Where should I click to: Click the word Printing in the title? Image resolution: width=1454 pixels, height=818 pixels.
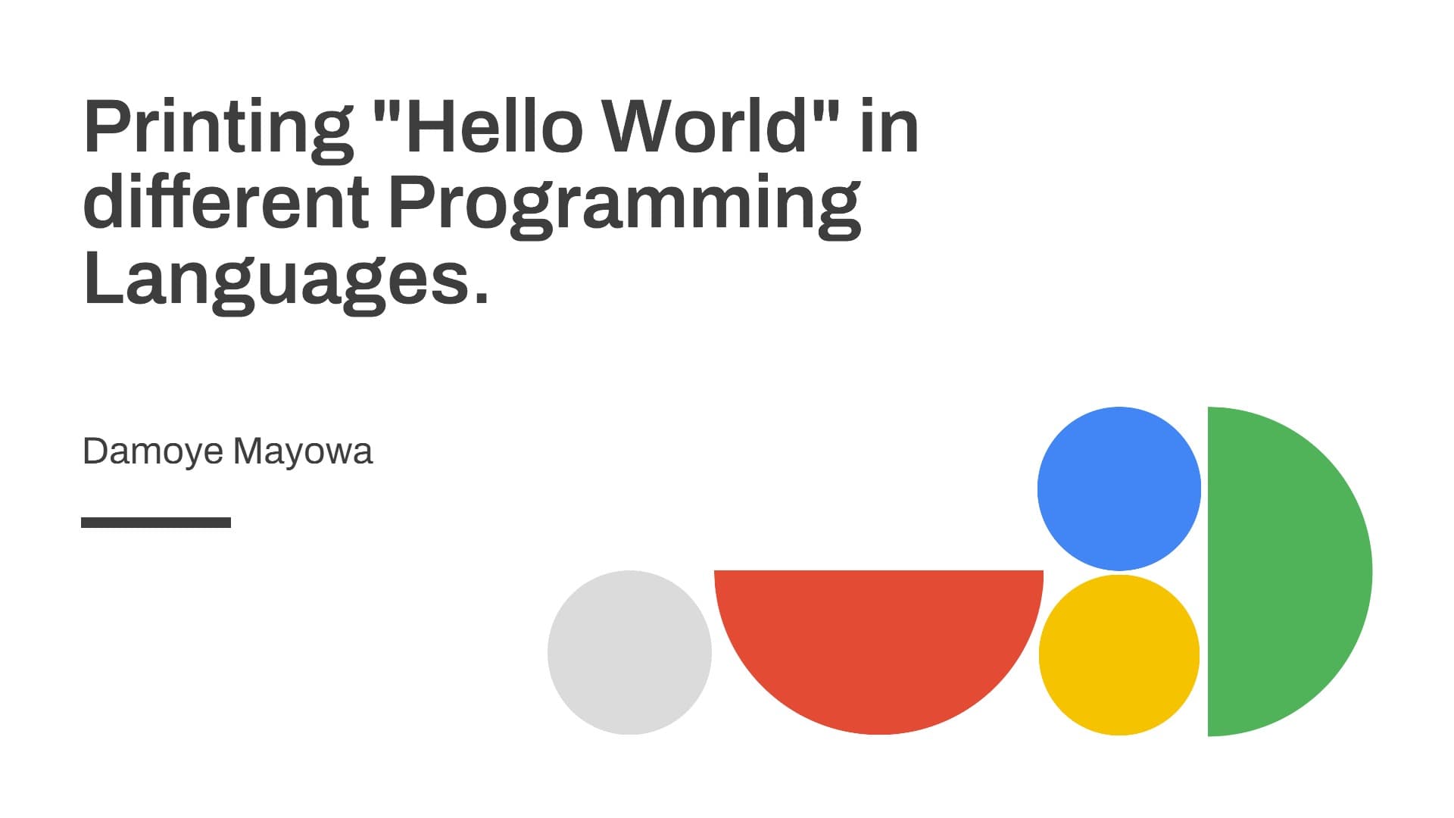pos(218,129)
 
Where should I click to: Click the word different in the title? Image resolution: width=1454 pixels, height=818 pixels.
pos(226,201)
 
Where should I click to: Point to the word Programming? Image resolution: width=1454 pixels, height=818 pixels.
pos(625,204)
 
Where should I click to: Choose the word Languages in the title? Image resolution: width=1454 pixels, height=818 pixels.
pos(277,280)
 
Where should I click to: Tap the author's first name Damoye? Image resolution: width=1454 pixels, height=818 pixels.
pos(153,452)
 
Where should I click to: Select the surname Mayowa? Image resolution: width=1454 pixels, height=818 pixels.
pos(303,452)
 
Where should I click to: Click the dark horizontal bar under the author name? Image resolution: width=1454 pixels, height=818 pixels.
pos(156,523)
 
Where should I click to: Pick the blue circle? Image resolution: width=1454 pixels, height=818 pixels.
pos(1119,489)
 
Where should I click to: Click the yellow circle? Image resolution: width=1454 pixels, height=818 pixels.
pos(1119,655)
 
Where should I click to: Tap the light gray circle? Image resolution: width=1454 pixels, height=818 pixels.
pos(629,652)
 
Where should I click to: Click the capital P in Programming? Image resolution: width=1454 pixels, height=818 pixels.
pos(411,201)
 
